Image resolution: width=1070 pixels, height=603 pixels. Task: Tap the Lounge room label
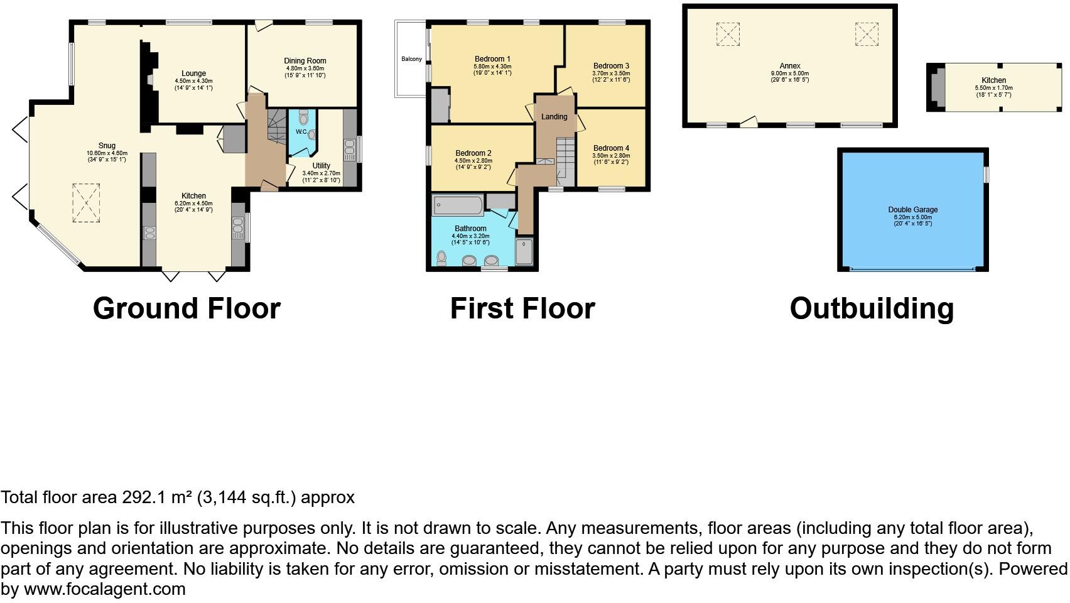pos(193,73)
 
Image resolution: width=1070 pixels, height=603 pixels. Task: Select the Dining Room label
pos(305,61)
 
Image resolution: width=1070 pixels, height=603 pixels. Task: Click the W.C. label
pos(301,132)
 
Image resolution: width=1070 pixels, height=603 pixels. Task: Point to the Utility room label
pos(321,166)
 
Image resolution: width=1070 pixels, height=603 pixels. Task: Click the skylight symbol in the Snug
pos(86,202)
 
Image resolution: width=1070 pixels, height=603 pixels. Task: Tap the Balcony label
pos(411,59)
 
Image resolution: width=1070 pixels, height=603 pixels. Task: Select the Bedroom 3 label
pos(611,66)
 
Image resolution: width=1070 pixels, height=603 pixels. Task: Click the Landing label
pos(554,117)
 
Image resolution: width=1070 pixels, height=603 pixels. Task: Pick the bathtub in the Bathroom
pos(458,205)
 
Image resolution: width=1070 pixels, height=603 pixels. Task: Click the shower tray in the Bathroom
pos(524,251)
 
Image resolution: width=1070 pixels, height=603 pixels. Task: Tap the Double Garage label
pos(912,210)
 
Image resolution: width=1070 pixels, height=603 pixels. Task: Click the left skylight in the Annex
pos(728,34)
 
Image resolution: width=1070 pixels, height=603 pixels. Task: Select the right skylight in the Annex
pos(866,34)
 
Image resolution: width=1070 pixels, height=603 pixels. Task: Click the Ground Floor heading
pos(186,308)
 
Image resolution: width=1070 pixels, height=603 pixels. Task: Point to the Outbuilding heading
pos(871,308)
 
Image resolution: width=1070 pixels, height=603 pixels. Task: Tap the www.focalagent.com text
pos(104,589)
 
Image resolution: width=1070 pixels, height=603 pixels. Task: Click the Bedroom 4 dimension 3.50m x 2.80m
pos(610,155)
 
